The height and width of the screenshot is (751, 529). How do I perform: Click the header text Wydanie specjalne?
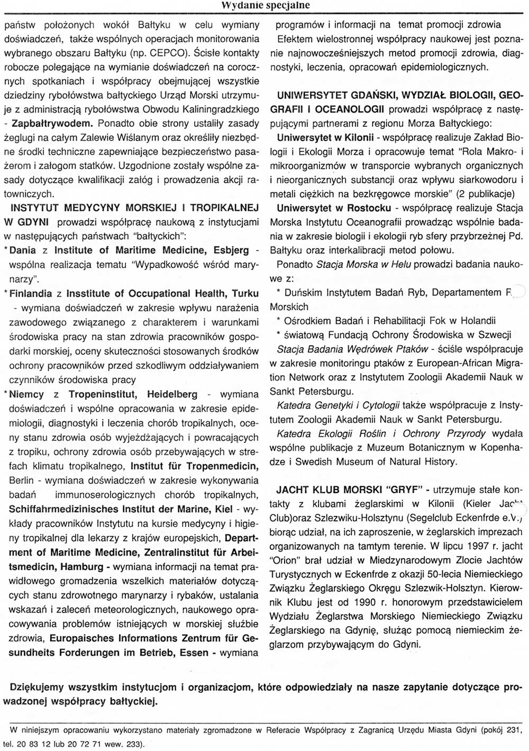pos(265,5)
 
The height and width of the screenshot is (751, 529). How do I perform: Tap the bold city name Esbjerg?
pos(231,250)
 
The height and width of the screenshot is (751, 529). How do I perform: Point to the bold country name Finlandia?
pos(31,293)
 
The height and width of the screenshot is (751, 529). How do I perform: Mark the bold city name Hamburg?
pos(82,567)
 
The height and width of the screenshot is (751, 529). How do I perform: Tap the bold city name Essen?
pos(194,653)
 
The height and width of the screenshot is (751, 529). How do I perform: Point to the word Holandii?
pos(477,320)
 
